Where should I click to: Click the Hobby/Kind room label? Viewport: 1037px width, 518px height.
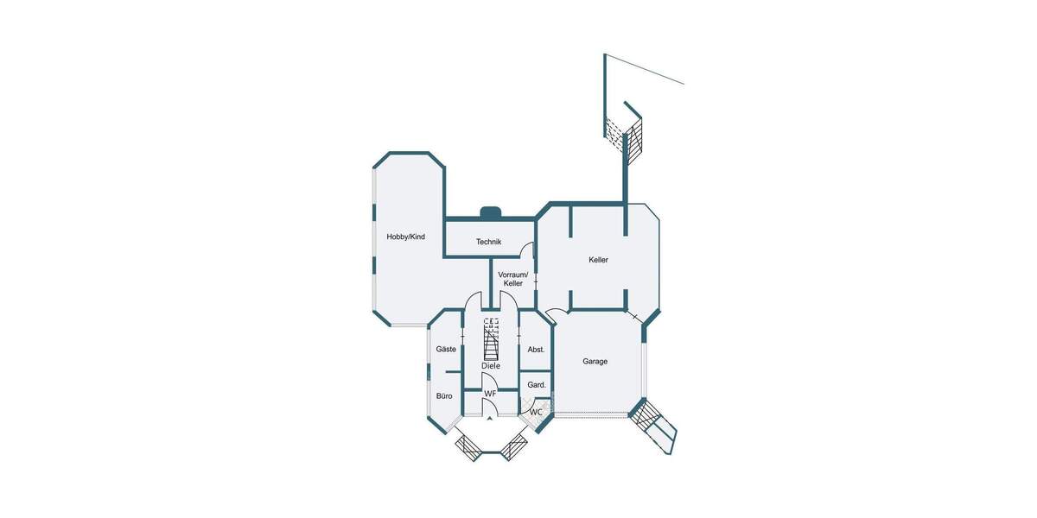pyautogui.click(x=405, y=237)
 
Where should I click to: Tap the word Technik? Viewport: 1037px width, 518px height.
pyautogui.click(x=488, y=242)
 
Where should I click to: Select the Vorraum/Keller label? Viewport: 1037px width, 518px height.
pyautogui.click(x=512, y=279)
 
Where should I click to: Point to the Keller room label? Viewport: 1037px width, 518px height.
pyautogui.click(x=598, y=260)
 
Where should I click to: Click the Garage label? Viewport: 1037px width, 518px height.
pyautogui.click(x=595, y=361)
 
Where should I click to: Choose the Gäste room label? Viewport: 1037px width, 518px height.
pyautogui.click(x=446, y=349)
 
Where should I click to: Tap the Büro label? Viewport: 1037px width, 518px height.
pyautogui.click(x=444, y=395)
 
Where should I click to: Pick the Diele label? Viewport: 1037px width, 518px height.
pyautogui.click(x=490, y=366)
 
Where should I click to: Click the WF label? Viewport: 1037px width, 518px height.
pyautogui.click(x=490, y=394)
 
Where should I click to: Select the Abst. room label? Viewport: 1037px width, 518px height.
pyautogui.click(x=536, y=349)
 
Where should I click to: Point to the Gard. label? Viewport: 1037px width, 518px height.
pyautogui.click(x=536, y=384)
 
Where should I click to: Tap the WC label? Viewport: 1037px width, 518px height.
pyautogui.click(x=536, y=412)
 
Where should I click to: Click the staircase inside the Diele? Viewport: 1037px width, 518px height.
pyautogui.click(x=491, y=339)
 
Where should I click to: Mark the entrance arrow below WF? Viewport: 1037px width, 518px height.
pyautogui.click(x=490, y=419)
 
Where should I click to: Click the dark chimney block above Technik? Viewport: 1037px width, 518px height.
pyautogui.click(x=491, y=211)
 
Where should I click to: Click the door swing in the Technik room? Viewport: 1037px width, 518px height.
pyautogui.click(x=528, y=250)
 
